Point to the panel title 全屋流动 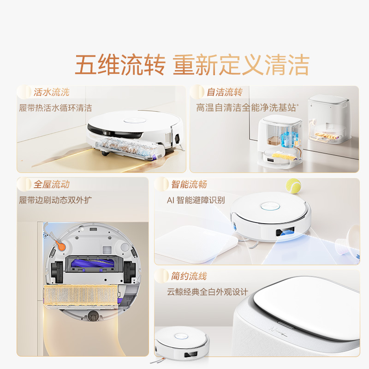coord(51,184)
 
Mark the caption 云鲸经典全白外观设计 coord(208,292)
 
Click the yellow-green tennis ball coord(293,186)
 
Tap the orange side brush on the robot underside coord(59,243)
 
